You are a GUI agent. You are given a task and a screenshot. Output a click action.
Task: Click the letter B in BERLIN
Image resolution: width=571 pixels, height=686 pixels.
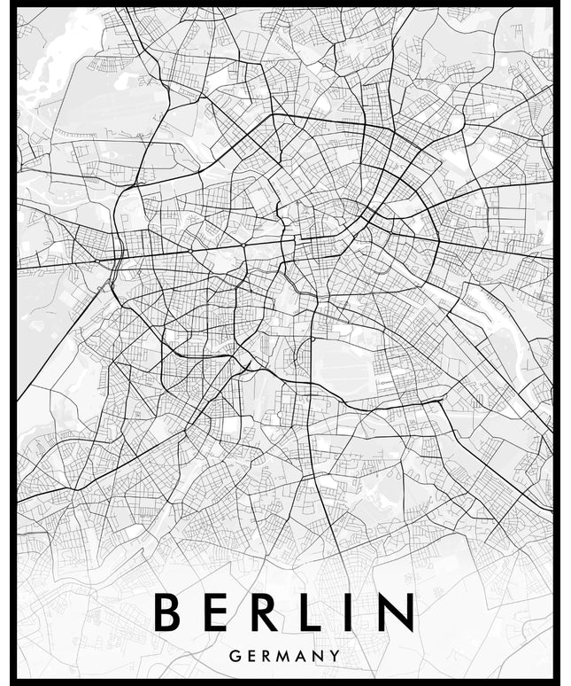[166, 612]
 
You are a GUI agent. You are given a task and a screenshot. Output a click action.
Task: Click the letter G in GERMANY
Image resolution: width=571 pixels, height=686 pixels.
[234, 657]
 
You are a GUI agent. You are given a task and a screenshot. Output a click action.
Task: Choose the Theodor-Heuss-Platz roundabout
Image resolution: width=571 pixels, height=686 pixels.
[119, 258]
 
